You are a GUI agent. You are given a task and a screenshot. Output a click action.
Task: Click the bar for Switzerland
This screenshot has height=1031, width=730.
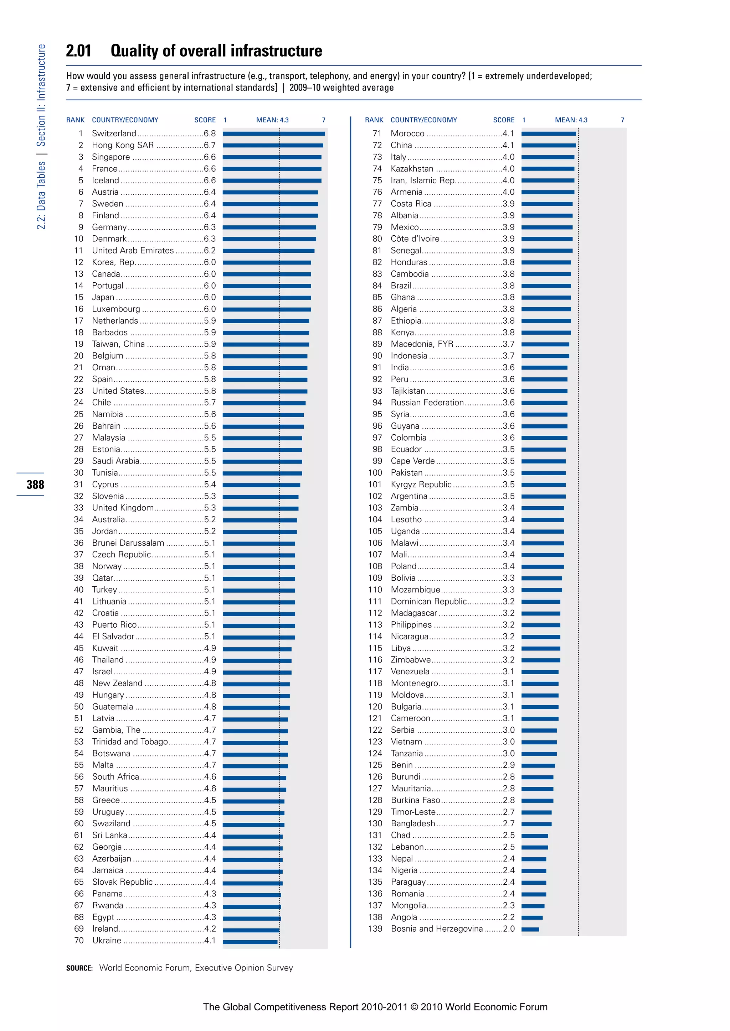[x=273, y=134]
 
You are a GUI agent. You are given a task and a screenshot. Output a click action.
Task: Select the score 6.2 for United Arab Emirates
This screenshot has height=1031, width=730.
[x=210, y=251]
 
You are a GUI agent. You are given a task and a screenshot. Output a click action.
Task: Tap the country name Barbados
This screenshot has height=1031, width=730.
[x=110, y=332]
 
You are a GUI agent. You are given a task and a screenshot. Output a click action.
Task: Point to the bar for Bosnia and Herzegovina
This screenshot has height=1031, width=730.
[x=530, y=930]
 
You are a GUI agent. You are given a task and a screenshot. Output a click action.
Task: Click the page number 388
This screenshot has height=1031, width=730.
[x=35, y=485]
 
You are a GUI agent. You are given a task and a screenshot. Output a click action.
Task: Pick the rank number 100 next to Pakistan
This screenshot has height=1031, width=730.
[x=375, y=473]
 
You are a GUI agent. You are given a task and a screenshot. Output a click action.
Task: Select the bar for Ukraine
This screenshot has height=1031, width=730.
[x=250, y=942]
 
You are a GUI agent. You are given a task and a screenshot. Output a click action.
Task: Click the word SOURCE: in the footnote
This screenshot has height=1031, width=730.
[x=79, y=968]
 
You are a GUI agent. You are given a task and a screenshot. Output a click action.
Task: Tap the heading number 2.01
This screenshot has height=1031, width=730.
[x=79, y=51]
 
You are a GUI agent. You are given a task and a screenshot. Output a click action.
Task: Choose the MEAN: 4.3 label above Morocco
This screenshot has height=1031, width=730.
[x=571, y=120]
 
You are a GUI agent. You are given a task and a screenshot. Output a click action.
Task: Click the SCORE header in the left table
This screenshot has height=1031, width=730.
[x=205, y=120]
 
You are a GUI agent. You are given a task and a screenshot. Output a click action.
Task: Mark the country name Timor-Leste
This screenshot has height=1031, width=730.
[x=413, y=812]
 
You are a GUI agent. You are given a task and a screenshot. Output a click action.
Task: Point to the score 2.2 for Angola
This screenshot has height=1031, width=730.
[x=508, y=917]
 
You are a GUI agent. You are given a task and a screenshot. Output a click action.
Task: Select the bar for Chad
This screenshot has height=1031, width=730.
[x=534, y=836]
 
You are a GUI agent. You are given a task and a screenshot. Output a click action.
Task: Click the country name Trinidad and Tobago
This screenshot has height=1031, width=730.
[x=129, y=742]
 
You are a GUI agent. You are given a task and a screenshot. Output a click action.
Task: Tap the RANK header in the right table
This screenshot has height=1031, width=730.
[x=374, y=120]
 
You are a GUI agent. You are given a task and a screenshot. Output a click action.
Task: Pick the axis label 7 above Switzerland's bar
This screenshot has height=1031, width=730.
[x=323, y=120]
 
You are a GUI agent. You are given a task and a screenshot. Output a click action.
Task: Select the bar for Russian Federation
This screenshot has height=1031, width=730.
[x=544, y=403]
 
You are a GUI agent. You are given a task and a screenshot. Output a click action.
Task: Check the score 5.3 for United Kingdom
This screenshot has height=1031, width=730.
[x=210, y=508]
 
